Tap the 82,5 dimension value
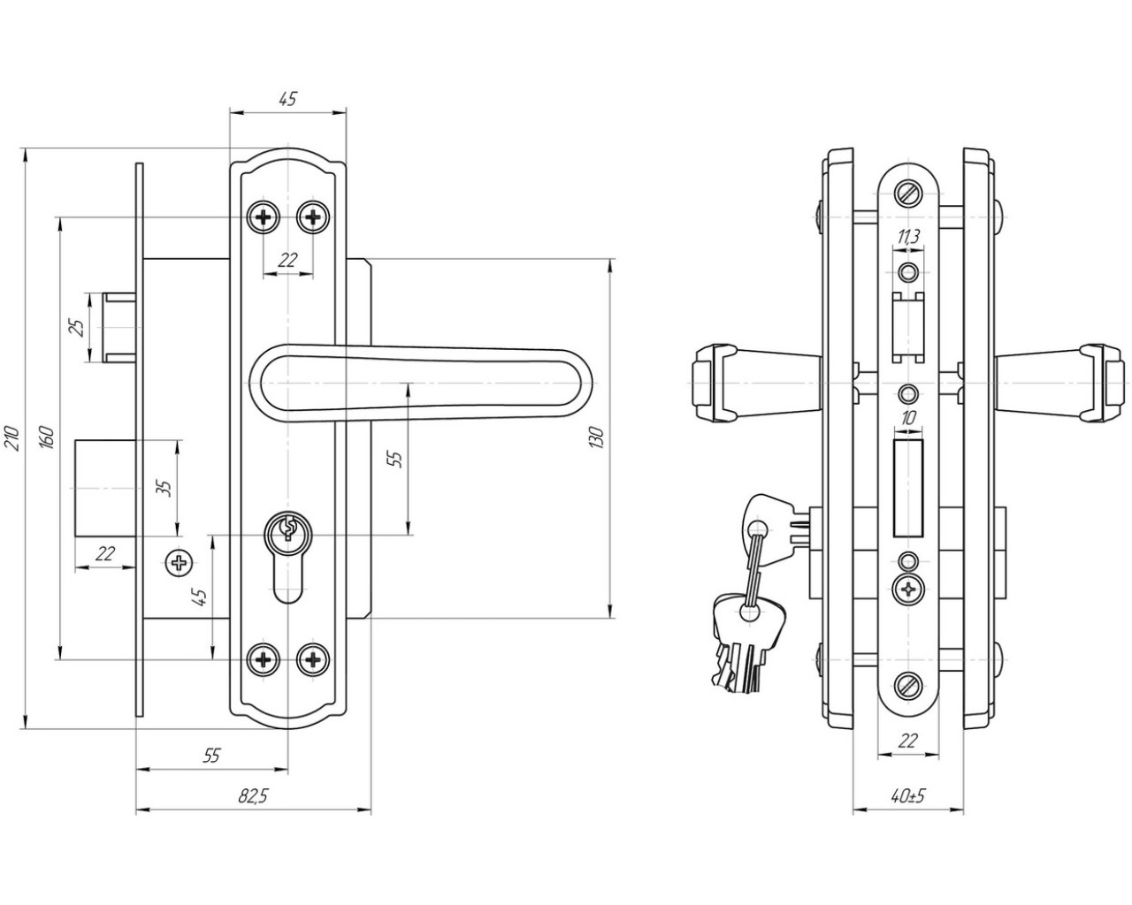[x=252, y=796]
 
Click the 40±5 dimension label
[x=908, y=796]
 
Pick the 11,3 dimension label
[x=907, y=237]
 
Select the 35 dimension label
[x=163, y=488]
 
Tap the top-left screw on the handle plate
[x=264, y=216]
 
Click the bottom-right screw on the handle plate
[x=312, y=658]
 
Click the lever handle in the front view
[x=424, y=381]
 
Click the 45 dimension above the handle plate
[x=287, y=99]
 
